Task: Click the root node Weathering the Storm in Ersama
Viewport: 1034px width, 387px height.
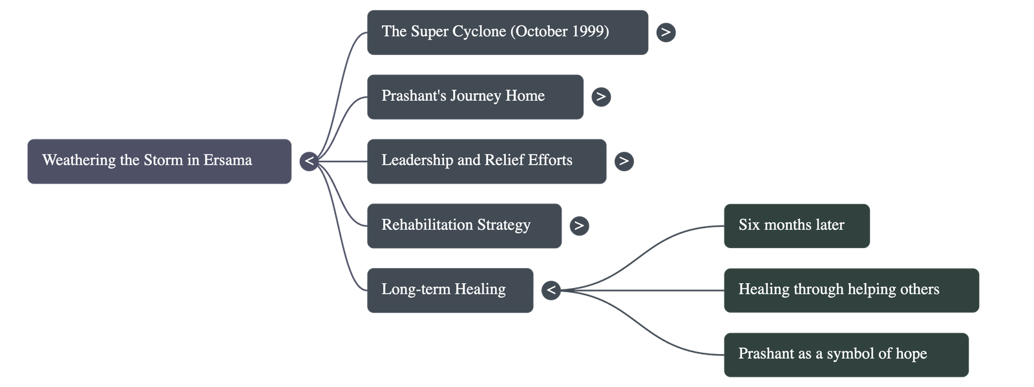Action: pos(159,161)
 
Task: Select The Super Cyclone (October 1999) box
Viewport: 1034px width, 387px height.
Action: pos(507,32)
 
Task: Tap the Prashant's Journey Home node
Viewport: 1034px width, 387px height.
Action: pos(474,97)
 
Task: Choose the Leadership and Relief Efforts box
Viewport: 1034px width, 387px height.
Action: pos(486,161)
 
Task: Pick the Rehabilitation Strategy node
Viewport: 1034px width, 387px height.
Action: pos(463,225)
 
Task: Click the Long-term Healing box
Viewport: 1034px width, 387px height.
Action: pos(450,290)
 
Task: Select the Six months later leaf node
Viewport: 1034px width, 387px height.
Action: pos(796,225)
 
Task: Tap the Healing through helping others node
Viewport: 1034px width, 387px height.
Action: pos(850,290)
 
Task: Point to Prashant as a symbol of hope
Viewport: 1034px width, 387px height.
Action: pos(845,354)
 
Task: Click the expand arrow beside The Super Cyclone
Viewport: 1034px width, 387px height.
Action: pos(666,32)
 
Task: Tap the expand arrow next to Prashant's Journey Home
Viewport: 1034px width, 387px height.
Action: pos(601,97)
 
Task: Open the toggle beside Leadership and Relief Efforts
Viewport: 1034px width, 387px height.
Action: pos(624,161)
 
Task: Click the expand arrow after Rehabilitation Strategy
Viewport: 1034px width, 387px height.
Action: pos(579,225)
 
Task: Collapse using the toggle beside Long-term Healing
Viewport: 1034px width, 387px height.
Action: pos(551,290)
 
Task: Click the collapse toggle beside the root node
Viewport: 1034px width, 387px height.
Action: pos(309,161)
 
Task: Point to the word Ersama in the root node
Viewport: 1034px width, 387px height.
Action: pos(227,160)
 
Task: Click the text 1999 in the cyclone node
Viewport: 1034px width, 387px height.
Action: pos(589,31)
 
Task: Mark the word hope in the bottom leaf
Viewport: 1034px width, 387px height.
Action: pos(911,354)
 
